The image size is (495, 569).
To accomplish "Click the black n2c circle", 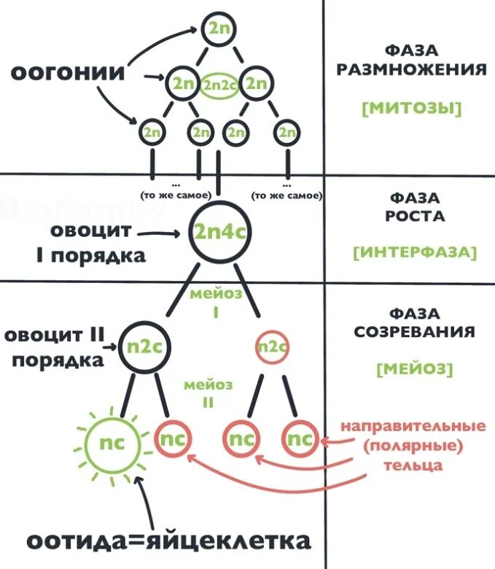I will pos(139,346).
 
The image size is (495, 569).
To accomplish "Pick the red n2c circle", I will pos(271,346).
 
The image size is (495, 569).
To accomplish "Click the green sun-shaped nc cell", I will pos(112,442).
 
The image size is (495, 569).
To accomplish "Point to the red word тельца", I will pos(416,465).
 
